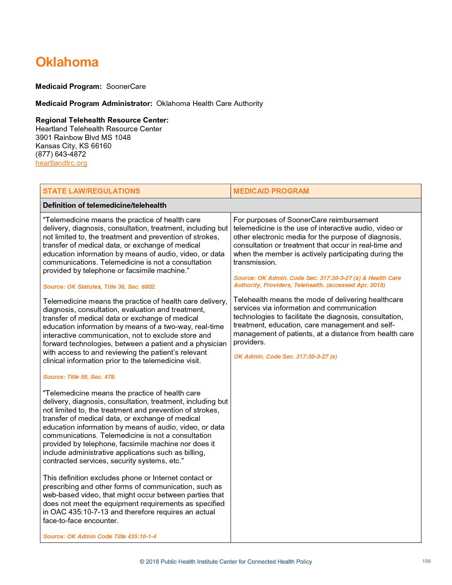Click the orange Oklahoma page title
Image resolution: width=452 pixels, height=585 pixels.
[x=67, y=62]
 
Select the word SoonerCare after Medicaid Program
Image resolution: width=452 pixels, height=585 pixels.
[x=126, y=86]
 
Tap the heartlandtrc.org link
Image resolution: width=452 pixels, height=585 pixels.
[x=61, y=163]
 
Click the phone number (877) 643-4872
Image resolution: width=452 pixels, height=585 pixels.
[x=61, y=154]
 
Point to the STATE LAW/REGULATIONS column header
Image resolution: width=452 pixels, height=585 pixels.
[x=91, y=191]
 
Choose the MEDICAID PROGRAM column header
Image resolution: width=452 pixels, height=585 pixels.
[x=271, y=191]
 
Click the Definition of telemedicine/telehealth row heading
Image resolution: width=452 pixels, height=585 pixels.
[x=105, y=205]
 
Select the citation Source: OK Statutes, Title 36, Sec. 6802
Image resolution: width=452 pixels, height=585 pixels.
[x=99, y=287]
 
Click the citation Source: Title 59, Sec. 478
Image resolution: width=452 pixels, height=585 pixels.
[x=79, y=377]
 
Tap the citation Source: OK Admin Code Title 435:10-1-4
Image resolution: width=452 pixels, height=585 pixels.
[x=100, y=536]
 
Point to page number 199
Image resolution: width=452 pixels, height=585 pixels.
[x=426, y=561]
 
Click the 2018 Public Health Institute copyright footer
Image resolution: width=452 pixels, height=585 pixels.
[x=226, y=562]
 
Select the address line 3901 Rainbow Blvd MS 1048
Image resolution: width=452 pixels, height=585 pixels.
[x=83, y=138]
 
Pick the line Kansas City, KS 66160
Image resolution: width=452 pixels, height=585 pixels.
[x=74, y=146]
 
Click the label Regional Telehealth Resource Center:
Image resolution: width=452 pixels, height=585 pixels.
[x=102, y=120]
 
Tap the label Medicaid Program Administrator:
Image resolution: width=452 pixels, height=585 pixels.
[x=94, y=103]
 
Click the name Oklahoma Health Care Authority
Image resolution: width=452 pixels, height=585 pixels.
[x=209, y=103]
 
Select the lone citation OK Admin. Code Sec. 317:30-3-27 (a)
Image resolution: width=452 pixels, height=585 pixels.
[x=285, y=356]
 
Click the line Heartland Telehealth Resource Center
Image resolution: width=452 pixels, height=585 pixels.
[x=99, y=129]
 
